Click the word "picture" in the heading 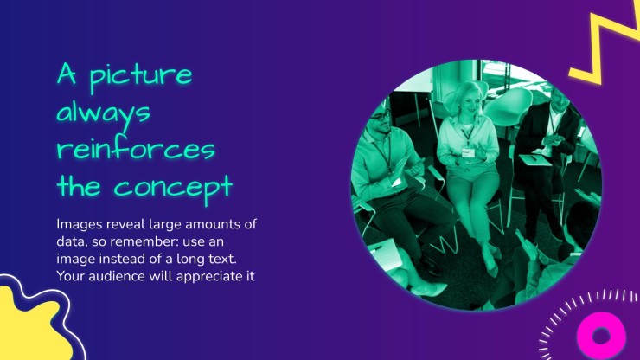point(141,77)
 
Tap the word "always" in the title point(103,113)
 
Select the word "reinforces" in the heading point(136,149)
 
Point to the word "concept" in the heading point(174,189)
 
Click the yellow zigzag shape point(604,45)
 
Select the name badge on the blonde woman point(468,153)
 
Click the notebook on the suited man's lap point(535,160)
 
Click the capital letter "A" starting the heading point(67,74)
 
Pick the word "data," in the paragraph point(72,242)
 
